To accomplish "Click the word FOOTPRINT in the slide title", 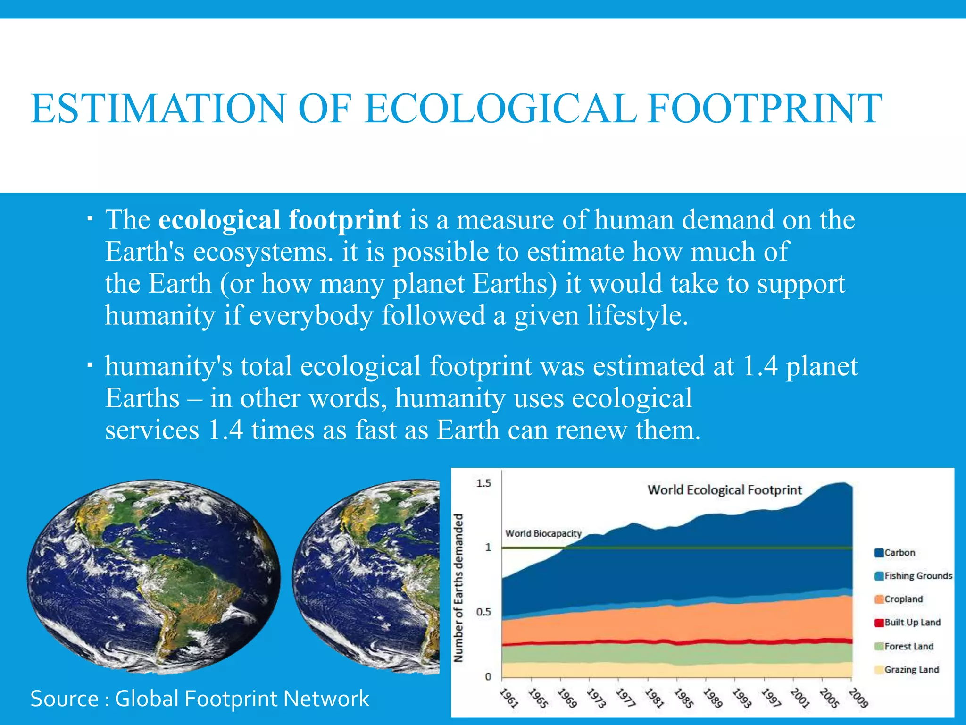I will (x=765, y=109).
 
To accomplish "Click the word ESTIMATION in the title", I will (x=158, y=109).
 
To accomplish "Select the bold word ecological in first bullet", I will (x=219, y=220).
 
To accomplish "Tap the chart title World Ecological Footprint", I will (x=724, y=490).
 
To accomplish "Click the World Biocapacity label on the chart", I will (x=543, y=533).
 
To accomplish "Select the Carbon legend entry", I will (x=899, y=553).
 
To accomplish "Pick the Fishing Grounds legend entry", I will (x=917, y=576).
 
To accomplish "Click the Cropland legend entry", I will (x=903, y=599).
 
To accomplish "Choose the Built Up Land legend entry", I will (x=912, y=623).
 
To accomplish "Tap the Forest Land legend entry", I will (x=908, y=646).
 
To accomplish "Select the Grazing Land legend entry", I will (x=911, y=670).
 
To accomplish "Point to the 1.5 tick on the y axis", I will (x=483, y=483).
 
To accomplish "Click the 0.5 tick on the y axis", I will (x=483, y=612).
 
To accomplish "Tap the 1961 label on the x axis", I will (x=509, y=698).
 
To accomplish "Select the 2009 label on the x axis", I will (x=858, y=698).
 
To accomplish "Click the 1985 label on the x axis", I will (x=683, y=698).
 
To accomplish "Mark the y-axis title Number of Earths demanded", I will (x=458, y=588).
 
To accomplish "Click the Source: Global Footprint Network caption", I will (x=200, y=699).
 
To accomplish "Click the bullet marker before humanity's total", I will (x=90, y=365).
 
